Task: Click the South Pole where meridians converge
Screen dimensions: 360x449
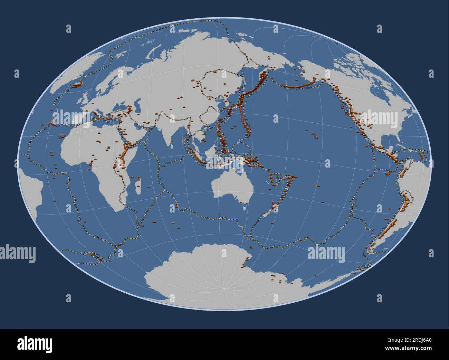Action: tap(224, 288)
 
